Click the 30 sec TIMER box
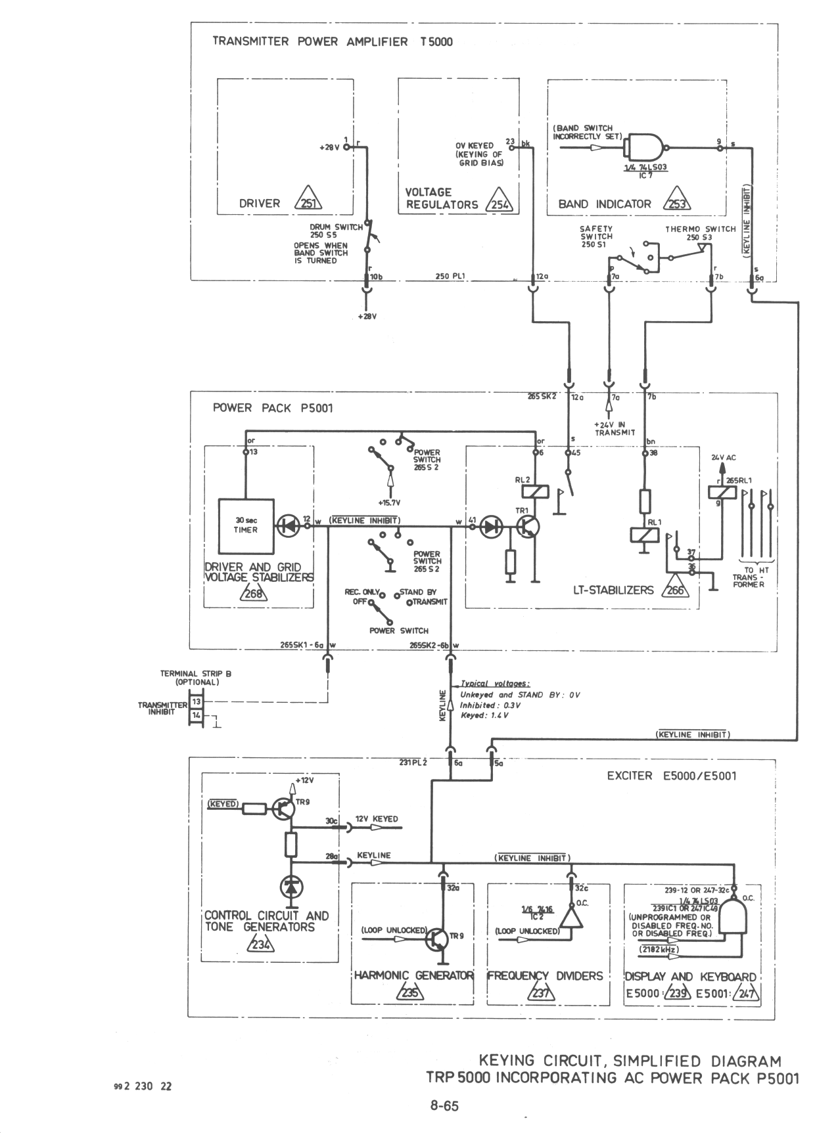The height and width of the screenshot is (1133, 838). [x=246, y=525]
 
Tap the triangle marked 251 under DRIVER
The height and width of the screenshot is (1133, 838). [x=307, y=202]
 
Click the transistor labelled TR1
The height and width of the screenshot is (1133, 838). [x=527, y=526]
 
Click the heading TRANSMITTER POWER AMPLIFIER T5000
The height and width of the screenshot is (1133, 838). [x=333, y=42]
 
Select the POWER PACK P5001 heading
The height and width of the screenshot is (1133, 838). [x=273, y=408]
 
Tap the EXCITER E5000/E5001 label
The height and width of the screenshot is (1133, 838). [x=671, y=776]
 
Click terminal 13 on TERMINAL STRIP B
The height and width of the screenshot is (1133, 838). [x=197, y=702]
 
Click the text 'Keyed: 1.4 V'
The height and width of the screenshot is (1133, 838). [x=484, y=715]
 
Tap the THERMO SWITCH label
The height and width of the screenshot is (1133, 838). [x=700, y=229]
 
